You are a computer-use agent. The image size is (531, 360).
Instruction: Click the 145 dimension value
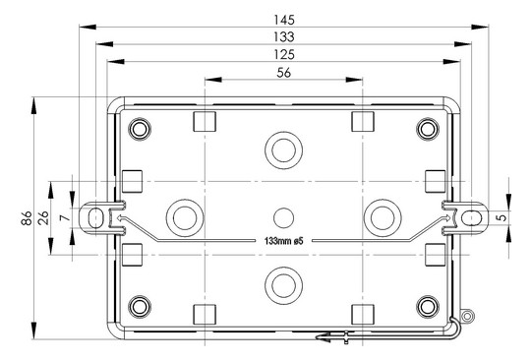tap(284, 20)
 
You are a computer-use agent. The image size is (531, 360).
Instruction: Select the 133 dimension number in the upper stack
tap(284, 37)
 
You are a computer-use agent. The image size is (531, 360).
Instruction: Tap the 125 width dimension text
tap(284, 54)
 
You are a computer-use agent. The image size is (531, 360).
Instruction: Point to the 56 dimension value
tap(284, 73)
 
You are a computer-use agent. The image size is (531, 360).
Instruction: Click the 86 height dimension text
tap(27, 218)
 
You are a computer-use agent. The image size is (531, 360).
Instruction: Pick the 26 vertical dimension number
tap(43, 218)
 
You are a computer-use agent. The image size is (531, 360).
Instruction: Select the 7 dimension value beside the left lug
tap(65, 218)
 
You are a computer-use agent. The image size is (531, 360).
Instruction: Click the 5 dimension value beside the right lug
tap(503, 216)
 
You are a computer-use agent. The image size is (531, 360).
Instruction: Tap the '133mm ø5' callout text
tap(283, 241)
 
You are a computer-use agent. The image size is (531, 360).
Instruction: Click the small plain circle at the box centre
tap(283, 217)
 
